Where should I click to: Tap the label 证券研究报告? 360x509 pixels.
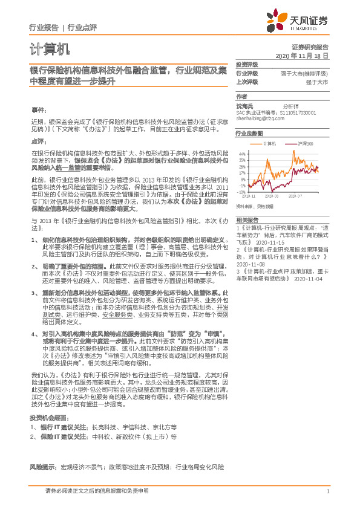[313, 47]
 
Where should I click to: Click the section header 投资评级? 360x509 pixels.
[247, 63]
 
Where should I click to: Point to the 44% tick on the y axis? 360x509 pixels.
[242, 154]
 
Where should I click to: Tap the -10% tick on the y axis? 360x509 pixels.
[242, 192]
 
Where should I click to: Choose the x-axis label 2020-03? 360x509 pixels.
[270, 196]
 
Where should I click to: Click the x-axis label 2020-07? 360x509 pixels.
[295, 196]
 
